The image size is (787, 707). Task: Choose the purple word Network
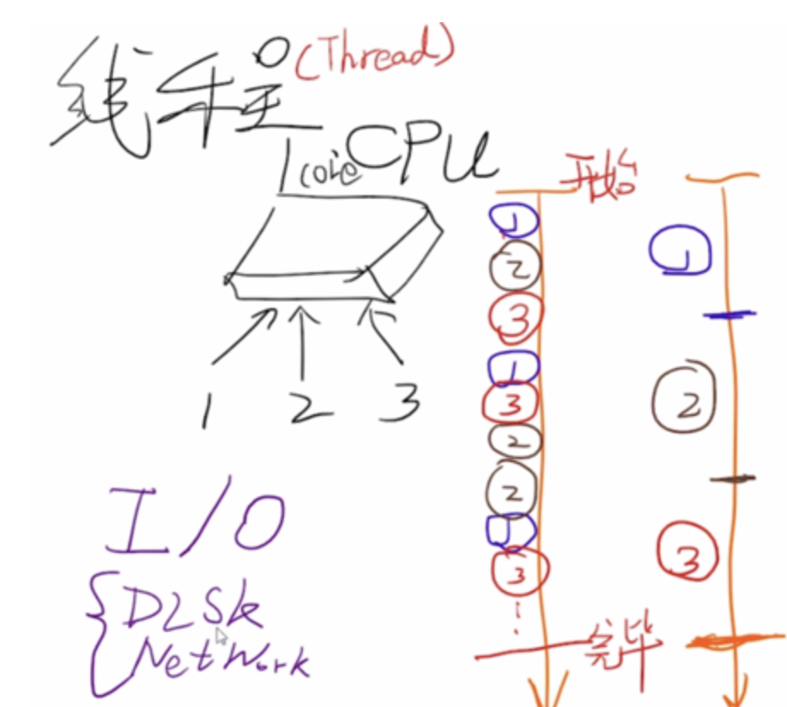tap(214, 659)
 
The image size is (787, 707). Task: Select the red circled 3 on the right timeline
tap(685, 552)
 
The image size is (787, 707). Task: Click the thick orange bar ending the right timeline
tap(726, 639)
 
